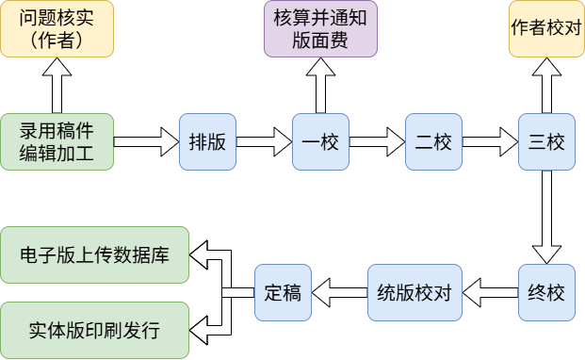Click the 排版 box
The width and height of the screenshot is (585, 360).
[207, 141]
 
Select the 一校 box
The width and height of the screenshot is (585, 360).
[320, 141]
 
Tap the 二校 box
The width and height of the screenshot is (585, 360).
[433, 141]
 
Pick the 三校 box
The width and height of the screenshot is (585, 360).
[546, 141]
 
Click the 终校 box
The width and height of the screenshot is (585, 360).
[546, 292]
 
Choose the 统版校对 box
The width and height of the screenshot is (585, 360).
[414, 292]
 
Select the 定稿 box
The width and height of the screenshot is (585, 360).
[283, 292]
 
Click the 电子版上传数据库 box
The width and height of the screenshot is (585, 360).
[95, 254]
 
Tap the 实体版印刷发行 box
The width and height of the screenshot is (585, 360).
[95, 330]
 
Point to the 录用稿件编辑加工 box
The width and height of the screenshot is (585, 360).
[57, 141]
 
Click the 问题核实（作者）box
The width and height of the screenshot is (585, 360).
[57, 28]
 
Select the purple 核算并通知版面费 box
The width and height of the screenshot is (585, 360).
[320, 28]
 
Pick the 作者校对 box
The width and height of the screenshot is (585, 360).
[546, 28]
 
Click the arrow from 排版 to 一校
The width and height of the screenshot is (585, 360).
[264, 141]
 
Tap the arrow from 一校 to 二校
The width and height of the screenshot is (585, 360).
[377, 141]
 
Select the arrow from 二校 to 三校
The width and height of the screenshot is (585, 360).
[490, 141]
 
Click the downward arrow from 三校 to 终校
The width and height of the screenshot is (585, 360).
[546, 217]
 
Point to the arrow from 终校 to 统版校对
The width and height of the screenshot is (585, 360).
[490, 292]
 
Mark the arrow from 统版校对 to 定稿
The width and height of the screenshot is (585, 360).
[339, 292]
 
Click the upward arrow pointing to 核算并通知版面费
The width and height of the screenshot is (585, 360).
[320, 85]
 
